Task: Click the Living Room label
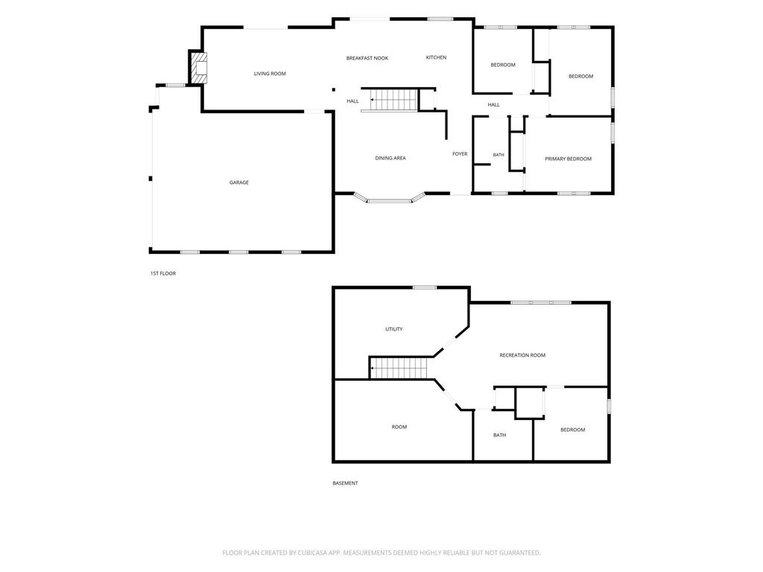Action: point(270,74)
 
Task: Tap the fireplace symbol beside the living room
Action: point(198,68)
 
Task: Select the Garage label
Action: point(239,182)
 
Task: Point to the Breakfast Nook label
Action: point(367,58)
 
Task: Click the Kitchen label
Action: point(436,57)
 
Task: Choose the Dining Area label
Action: point(390,158)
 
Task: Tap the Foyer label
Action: point(460,153)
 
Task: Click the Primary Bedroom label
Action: point(568,159)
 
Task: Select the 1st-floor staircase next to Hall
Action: point(394,100)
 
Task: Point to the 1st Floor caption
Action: point(163,274)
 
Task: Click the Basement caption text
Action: point(345,483)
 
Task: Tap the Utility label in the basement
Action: point(393,329)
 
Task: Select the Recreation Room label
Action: point(522,355)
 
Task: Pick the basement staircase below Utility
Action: point(399,368)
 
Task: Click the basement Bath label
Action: point(499,435)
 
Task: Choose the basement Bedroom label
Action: point(572,430)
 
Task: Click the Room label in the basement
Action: point(399,427)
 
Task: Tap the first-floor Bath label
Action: point(498,155)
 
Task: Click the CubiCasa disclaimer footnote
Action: point(381,553)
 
